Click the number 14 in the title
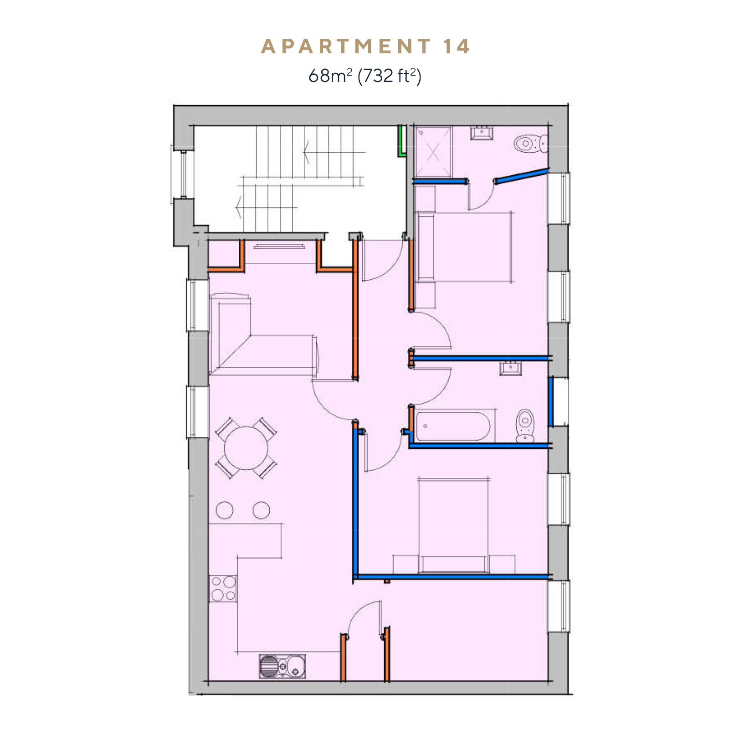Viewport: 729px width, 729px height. point(457,46)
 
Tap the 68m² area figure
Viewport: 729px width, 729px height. point(330,75)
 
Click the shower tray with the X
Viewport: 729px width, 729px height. point(433,152)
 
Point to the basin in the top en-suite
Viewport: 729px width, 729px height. point(482,133)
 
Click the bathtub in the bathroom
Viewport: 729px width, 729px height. point(453,426)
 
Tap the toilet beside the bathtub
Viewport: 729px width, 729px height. point(525,426)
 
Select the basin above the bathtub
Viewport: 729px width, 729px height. point(510,367)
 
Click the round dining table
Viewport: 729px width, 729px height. point(246,448)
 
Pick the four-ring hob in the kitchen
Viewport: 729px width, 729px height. point(223,589)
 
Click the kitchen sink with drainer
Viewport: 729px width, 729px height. point(282,666)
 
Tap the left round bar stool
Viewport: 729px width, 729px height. point(225,510)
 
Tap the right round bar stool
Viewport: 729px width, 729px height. point(261,510)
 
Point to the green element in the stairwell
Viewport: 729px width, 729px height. point(401,141)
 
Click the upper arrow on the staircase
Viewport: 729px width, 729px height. point(335,152)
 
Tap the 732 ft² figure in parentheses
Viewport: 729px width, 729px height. point(390,75)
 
